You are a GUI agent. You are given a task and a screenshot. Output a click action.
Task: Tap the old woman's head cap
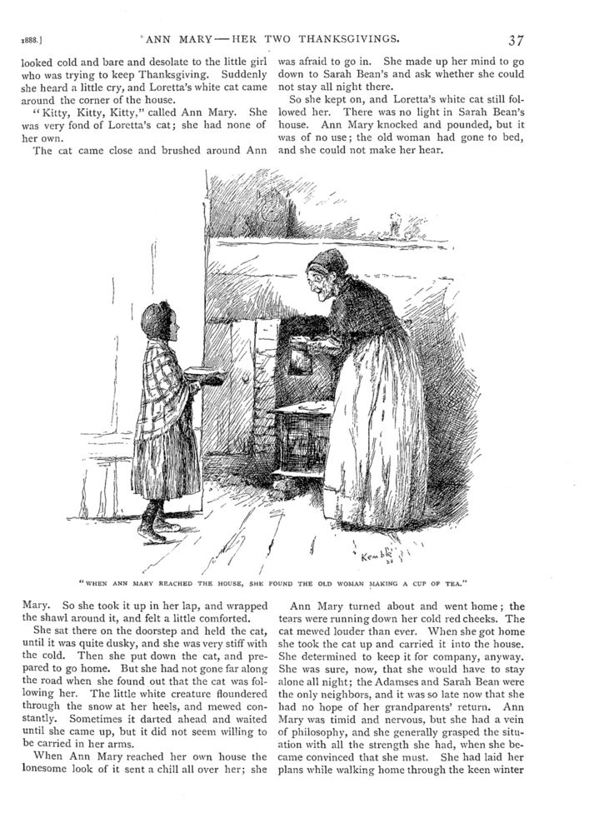[328, 260]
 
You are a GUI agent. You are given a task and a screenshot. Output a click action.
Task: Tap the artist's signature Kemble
[379, 554]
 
